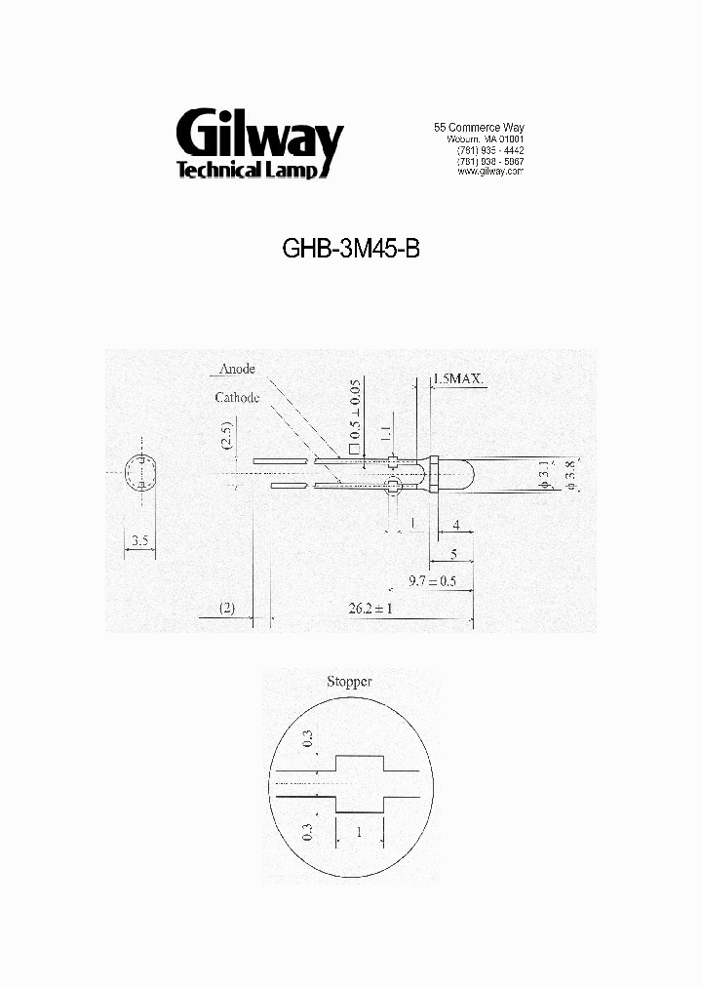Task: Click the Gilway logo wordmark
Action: click(x=259, y=138)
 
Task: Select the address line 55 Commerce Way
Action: click(x=479, y=128)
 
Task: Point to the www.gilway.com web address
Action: click(x=489, y=172)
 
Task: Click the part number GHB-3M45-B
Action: click(x=351, y=249)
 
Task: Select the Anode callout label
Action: click(x=237, y=369)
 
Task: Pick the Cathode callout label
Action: click(x=237, y=398)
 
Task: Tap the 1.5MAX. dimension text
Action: click(x=458, y=378)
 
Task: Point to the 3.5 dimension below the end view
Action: click(x=139, y=539)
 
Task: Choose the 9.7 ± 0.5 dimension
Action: click(x=433, y=581)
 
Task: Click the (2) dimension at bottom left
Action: click(x=226, y=608)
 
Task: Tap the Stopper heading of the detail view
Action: click(x=348, y=682)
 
